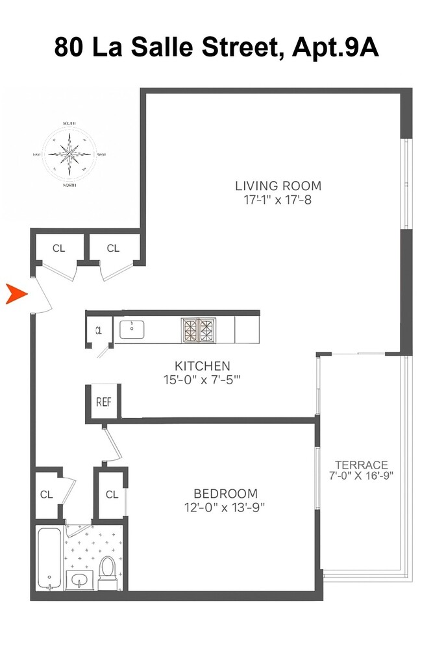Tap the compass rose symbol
click(x=69, y=154)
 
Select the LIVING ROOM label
click(x=278, y=186)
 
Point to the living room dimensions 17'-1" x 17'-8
click(x=278, y=200)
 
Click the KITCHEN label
click(x=202, y=365)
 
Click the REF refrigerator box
click(x=104, y=401)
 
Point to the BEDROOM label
click(x=225, y=493)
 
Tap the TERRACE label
click(x=361, y=465)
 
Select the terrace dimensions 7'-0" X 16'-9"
click(x=361, y=475)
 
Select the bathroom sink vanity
click(x=79, y=579)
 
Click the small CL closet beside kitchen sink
click(x=99, y=330)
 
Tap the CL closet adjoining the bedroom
click(x=111, y=495)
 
